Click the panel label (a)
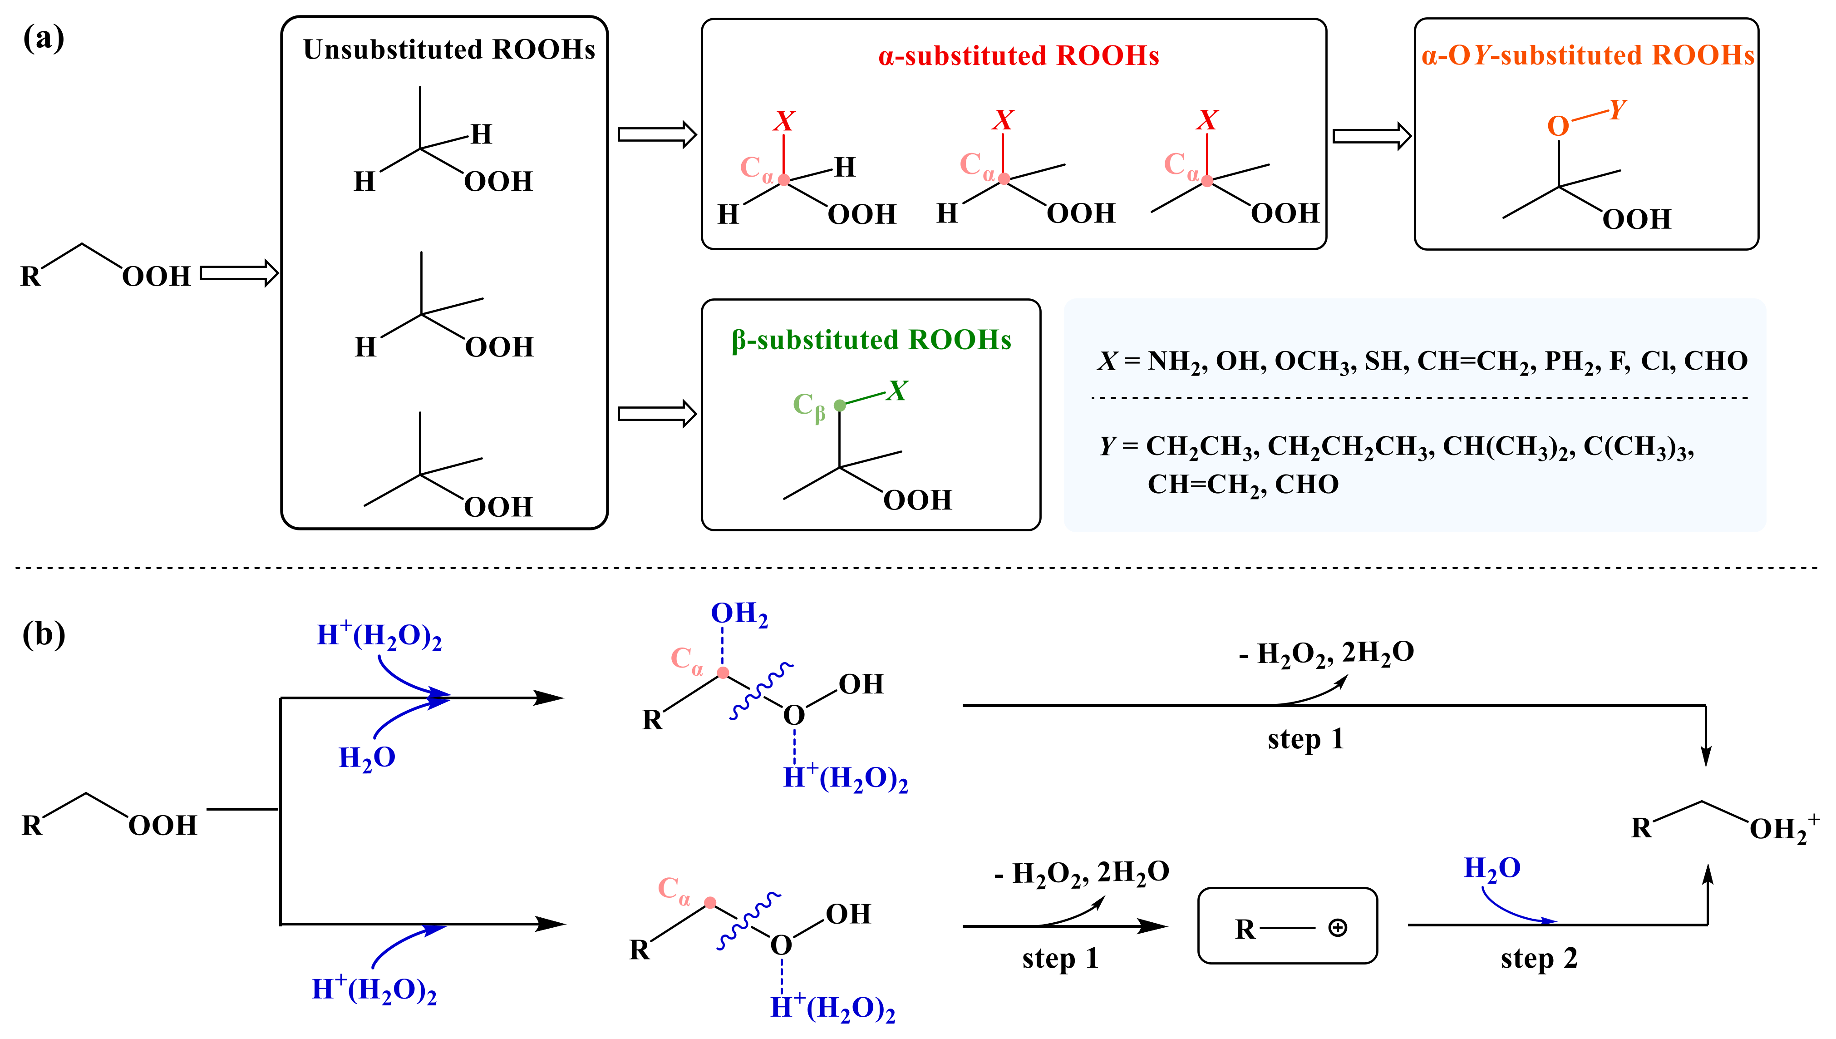click(x=44, y=38)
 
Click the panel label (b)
click(x=44, y=633)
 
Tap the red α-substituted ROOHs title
click(x=1018, y=56)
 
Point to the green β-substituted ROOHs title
click(x=871, y=341)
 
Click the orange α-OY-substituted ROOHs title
click(x=1588, y=56)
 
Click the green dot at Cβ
click(x=840, y=406)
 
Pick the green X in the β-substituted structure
click(x=896, y=391)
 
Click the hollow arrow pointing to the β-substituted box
click(x=656, y=414)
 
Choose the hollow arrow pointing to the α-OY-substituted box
click(x=1371, y=136)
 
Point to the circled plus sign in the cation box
click(x=1338, y=928)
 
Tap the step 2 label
click(x=1539, y=958)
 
